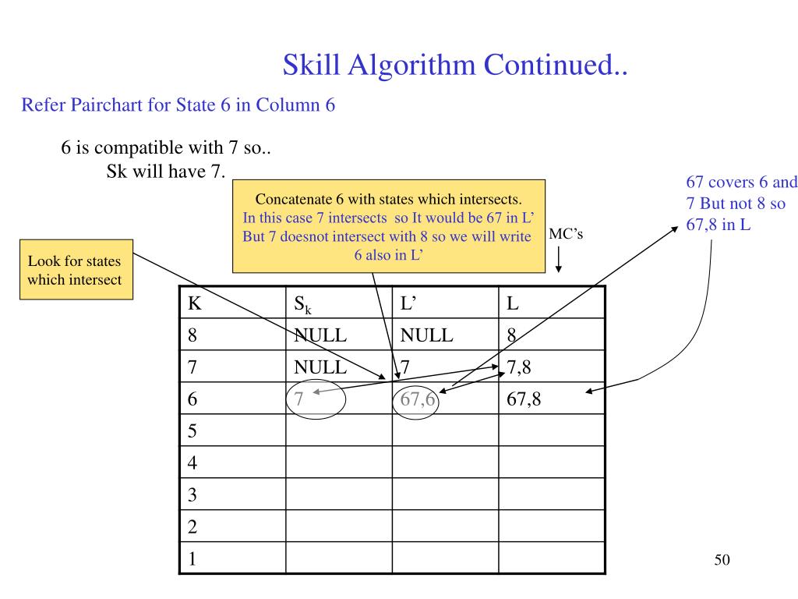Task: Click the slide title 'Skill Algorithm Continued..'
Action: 455,64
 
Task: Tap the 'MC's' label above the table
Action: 566,234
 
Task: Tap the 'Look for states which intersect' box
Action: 76,270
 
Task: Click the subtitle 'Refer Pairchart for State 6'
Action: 178,105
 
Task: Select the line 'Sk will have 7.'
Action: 166,172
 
